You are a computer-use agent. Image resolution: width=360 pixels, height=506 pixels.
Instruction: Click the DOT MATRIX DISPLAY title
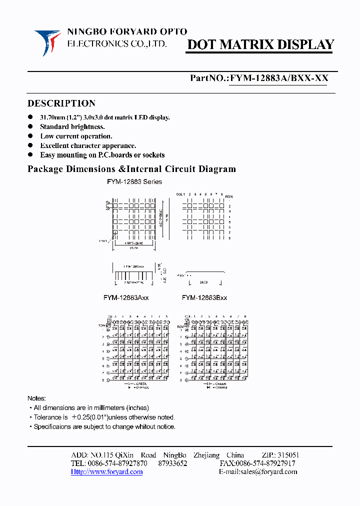[x=260, y=45]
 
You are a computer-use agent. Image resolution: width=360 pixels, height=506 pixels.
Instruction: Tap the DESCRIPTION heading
[x=61, y=103]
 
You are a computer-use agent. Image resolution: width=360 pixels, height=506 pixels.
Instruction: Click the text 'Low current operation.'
[x=76, y=136]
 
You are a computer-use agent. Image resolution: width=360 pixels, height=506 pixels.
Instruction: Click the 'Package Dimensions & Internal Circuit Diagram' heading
[x=131, y=169]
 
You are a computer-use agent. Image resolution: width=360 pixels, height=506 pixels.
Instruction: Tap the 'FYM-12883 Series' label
[x=134, y=181]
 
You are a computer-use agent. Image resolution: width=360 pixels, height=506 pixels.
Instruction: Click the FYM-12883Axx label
[x=126, y=297]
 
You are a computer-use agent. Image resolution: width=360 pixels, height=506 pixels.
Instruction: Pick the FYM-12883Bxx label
[x=204, y=297]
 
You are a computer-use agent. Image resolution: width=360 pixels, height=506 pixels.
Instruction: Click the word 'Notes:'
[x=36, y=398]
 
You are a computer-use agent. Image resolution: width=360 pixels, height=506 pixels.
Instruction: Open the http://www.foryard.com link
[x=106, y=471]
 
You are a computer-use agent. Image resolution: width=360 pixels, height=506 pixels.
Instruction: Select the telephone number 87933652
[x=172, y=463]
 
